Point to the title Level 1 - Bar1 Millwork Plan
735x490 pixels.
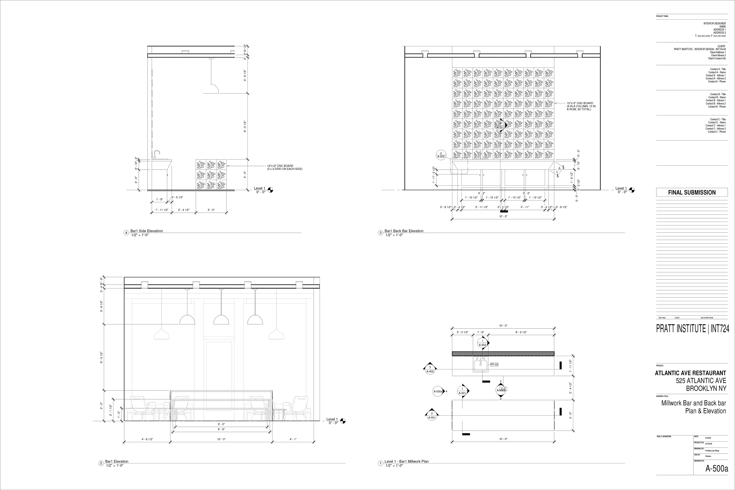click(x=406, y=461)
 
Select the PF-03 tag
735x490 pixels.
click(x=494, y=364)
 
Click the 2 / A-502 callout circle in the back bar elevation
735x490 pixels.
click(x=441, y=155)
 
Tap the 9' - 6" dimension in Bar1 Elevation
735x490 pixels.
click(x=221, y=429)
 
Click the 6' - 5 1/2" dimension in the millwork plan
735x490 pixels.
click(x=521, y=332)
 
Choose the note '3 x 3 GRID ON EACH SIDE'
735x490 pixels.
click(x=284, y=169)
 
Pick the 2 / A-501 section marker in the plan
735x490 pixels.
click(x=432, y=415)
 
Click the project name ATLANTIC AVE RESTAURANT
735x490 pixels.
click(x=690, y=373)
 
